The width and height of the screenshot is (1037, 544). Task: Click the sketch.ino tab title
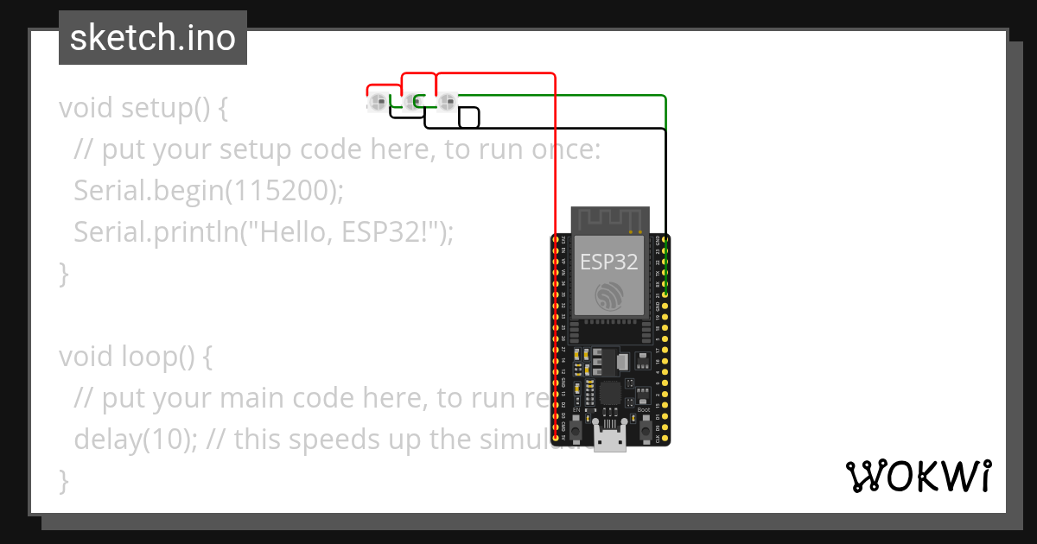point(152,38)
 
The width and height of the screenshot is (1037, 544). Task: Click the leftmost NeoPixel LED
point(377,103)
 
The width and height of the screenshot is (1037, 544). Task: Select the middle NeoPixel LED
point(411,103)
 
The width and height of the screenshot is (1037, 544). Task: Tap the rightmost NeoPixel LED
point(446,103)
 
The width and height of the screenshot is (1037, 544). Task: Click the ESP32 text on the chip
point(608,262)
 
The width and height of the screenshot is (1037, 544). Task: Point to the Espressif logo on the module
point(608,295)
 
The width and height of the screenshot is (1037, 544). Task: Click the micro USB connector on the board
point(611,439)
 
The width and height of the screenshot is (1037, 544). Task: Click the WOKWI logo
point(919,476)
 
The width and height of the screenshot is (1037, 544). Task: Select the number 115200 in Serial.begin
point(280,191)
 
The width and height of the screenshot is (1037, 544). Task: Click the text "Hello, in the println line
point(289,232)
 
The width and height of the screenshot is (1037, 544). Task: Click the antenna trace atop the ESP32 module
point(608,219)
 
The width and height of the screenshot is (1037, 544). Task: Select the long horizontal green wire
point(562,95)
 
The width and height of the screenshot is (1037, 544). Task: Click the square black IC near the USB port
point(610,394)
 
